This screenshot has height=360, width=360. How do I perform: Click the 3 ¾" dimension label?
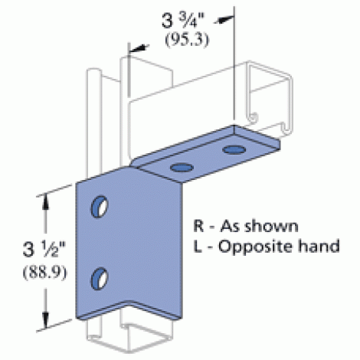[183, 21]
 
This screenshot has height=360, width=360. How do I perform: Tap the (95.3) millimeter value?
[187, 40]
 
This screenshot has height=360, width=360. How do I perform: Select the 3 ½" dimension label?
[44, 249]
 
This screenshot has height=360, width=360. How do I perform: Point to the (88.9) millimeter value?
[45, 273]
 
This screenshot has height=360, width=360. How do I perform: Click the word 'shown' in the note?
[272, 226]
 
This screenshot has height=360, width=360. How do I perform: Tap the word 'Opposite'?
[256, 247]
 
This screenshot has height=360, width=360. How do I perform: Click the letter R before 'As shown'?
[198, 226]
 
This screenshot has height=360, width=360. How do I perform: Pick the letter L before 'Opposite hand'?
[198, 246]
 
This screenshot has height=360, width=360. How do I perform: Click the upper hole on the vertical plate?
[100, 207]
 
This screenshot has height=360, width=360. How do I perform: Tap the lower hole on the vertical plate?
[100, 279]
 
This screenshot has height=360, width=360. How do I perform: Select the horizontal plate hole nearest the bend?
[182, 168]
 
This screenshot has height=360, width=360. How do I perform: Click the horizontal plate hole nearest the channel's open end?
[234, 150]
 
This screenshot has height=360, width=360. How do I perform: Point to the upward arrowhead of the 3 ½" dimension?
[46, 204]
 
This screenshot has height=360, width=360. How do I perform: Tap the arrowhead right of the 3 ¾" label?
[224, 20]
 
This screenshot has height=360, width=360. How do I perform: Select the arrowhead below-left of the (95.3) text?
[139, 48]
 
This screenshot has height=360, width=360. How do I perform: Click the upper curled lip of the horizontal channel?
[253, 116]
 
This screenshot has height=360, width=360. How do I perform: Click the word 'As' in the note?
[227, 226]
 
